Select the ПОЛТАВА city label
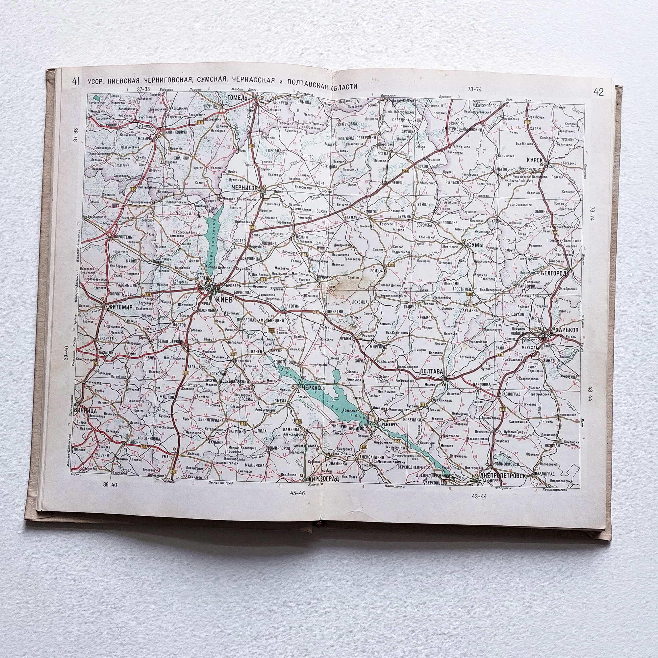pos(432,371)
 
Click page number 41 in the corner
pos(76,81)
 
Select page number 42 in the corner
pos(598,92)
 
